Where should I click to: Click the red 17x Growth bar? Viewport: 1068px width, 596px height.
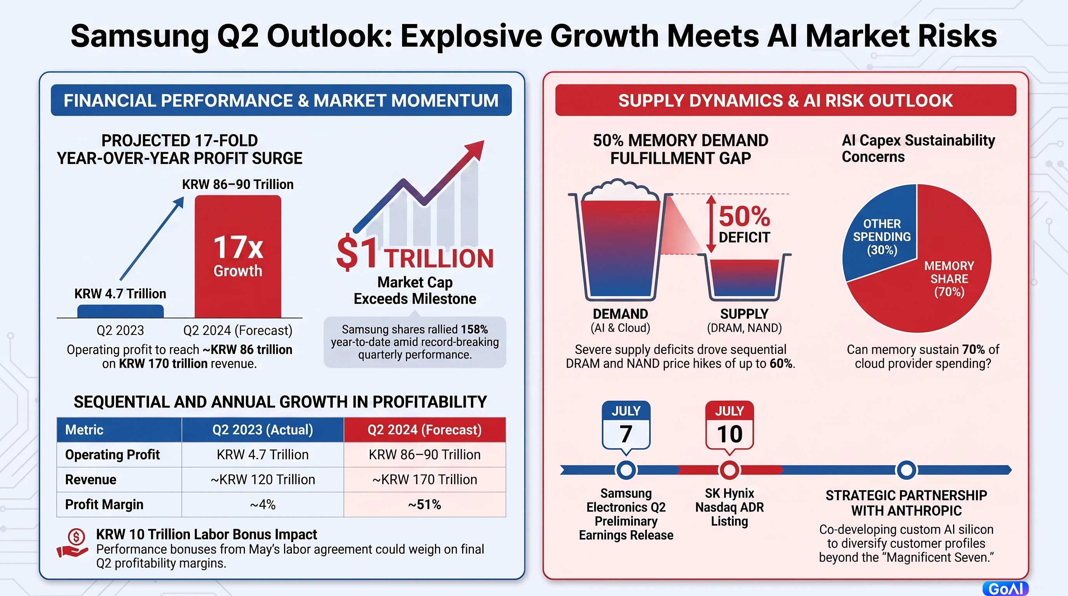238,256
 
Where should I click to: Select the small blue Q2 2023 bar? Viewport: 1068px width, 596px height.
121,311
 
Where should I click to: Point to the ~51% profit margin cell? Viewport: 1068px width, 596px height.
425,504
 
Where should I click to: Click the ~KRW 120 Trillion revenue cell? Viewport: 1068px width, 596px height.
263,480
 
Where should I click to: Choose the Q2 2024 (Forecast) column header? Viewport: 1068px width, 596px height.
425,430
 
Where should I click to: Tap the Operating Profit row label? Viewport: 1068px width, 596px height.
113,455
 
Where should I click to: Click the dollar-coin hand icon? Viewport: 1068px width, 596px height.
73,543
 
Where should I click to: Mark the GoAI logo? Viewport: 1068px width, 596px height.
1006,589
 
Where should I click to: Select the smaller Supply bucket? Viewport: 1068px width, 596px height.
745,277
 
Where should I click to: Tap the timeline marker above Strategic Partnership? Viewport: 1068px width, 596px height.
907,470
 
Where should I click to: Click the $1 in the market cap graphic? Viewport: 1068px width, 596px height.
357,252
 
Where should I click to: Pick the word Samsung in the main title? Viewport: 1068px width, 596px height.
140,36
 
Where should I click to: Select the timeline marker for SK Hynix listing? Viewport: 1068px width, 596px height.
730,470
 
